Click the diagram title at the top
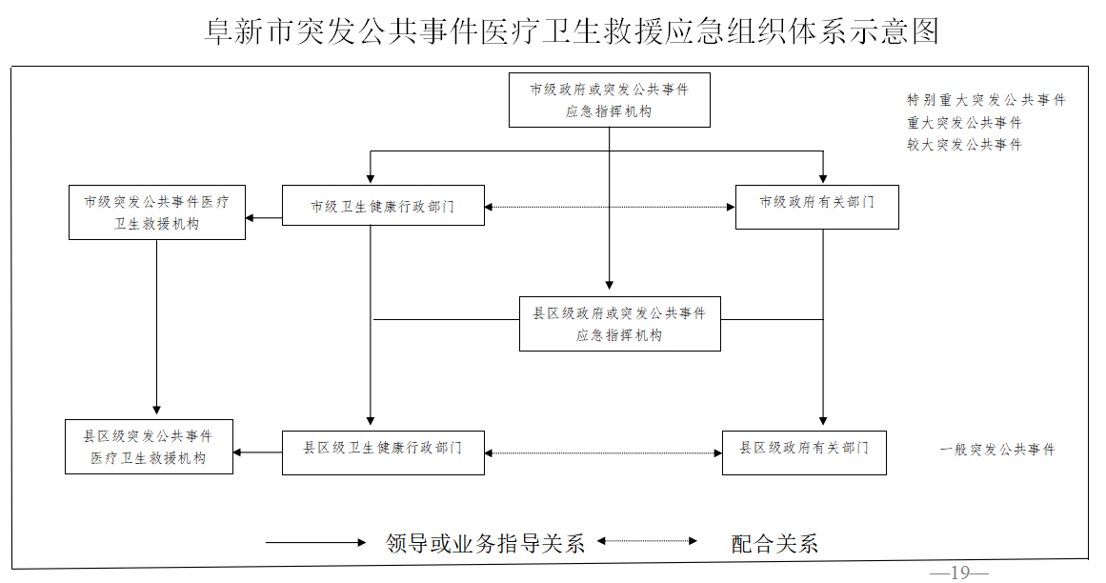[x=572, y=31]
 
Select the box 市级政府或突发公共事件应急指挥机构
[x=609, y=100]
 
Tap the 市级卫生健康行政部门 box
[x=383, y=206]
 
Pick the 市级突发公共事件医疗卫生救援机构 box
[x=157, y=212]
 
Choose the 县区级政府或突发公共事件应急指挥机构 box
[x=619, y=324]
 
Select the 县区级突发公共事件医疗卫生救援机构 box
[x=148, y=447]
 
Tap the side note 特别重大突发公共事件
[x=986, y=100]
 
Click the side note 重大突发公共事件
[x=964, y=123]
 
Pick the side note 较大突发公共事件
[x=964, y=145]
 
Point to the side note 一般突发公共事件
[x=997, y=450]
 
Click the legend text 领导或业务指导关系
[x=485, y=543]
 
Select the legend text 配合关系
[x=774, y=544]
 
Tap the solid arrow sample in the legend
[x=315, y=542]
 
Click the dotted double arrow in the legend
[x=647, y=542]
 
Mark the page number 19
[x=958, y=573]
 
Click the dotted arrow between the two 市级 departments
[x=610, y=207]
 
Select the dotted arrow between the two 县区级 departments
[x=603, y=453]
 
